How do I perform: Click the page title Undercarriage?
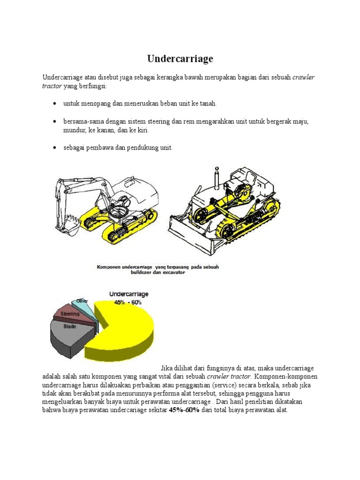coord(180,59)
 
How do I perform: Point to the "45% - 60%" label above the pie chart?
coord(129,302)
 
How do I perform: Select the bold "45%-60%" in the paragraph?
coord(184,410)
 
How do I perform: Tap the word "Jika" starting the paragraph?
coord(167,367)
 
